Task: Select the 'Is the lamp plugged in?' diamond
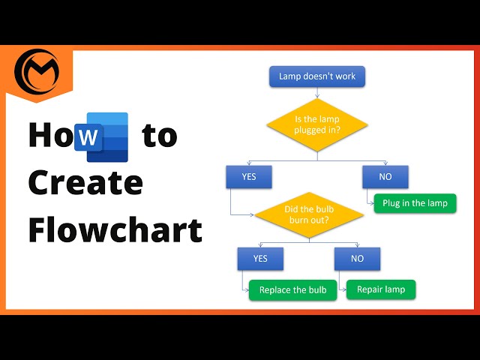click(318, 123)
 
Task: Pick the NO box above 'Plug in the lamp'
click(385, 177)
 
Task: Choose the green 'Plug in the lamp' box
click(414, 203)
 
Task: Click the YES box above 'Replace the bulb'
click(259, 259)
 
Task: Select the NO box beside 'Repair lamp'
click(357, 259)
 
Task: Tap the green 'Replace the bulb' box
click(292, 290)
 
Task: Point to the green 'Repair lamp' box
click(380, 289)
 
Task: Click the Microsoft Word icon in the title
click(107, 136)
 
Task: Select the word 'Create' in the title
click(85, 183)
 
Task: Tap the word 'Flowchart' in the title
click(115, 229)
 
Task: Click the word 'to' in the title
click(160, 136)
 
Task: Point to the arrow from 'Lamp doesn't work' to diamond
click(318, 92)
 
